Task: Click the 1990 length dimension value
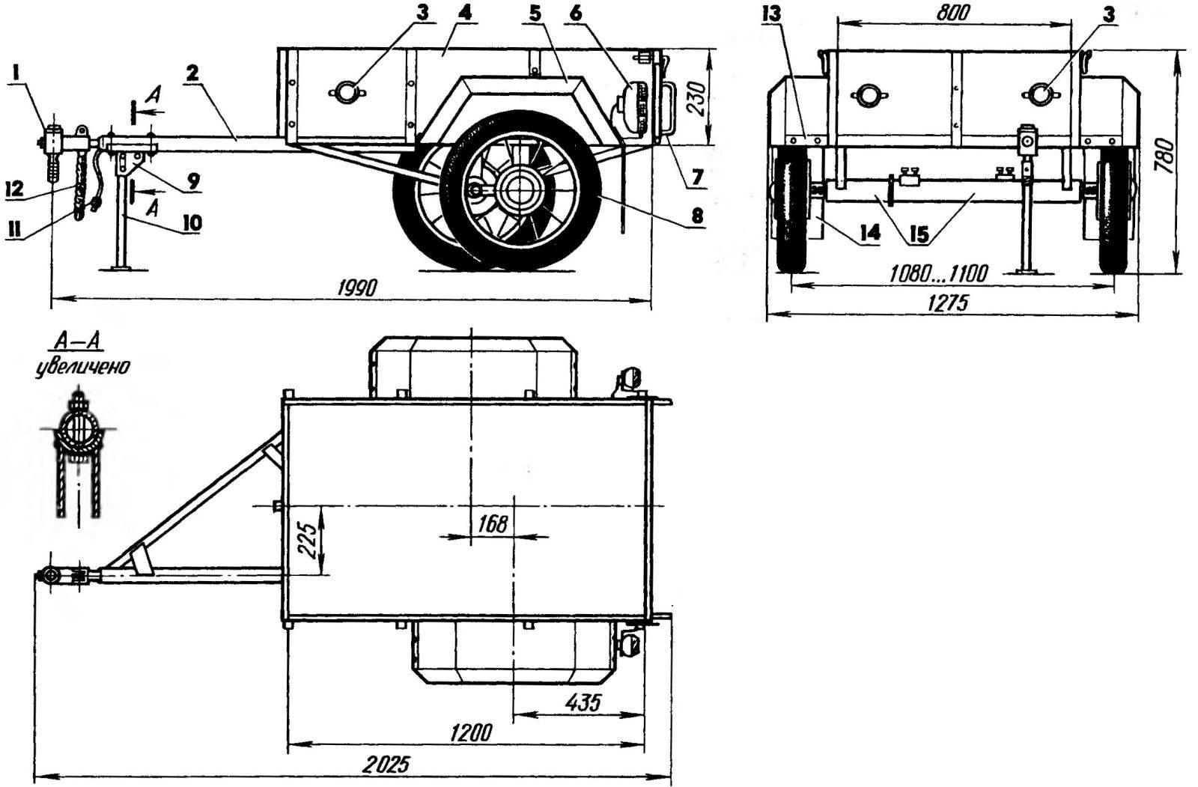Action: click(357, 288)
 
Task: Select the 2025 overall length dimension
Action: click(386, 765)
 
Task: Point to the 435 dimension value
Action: click(583, 702)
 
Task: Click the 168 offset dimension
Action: click(492, 524)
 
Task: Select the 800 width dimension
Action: click(953, 12)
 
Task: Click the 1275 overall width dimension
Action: click(947, 303)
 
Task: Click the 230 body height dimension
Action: click(696, 98)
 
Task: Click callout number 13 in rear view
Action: click(772, 14)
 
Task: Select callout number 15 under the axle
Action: click(920, 235)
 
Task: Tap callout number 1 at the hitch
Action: click(16, 74)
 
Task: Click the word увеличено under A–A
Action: click(82, 368)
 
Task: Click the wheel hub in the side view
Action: click(517, 190)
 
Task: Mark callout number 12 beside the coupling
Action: click(15, 188)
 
